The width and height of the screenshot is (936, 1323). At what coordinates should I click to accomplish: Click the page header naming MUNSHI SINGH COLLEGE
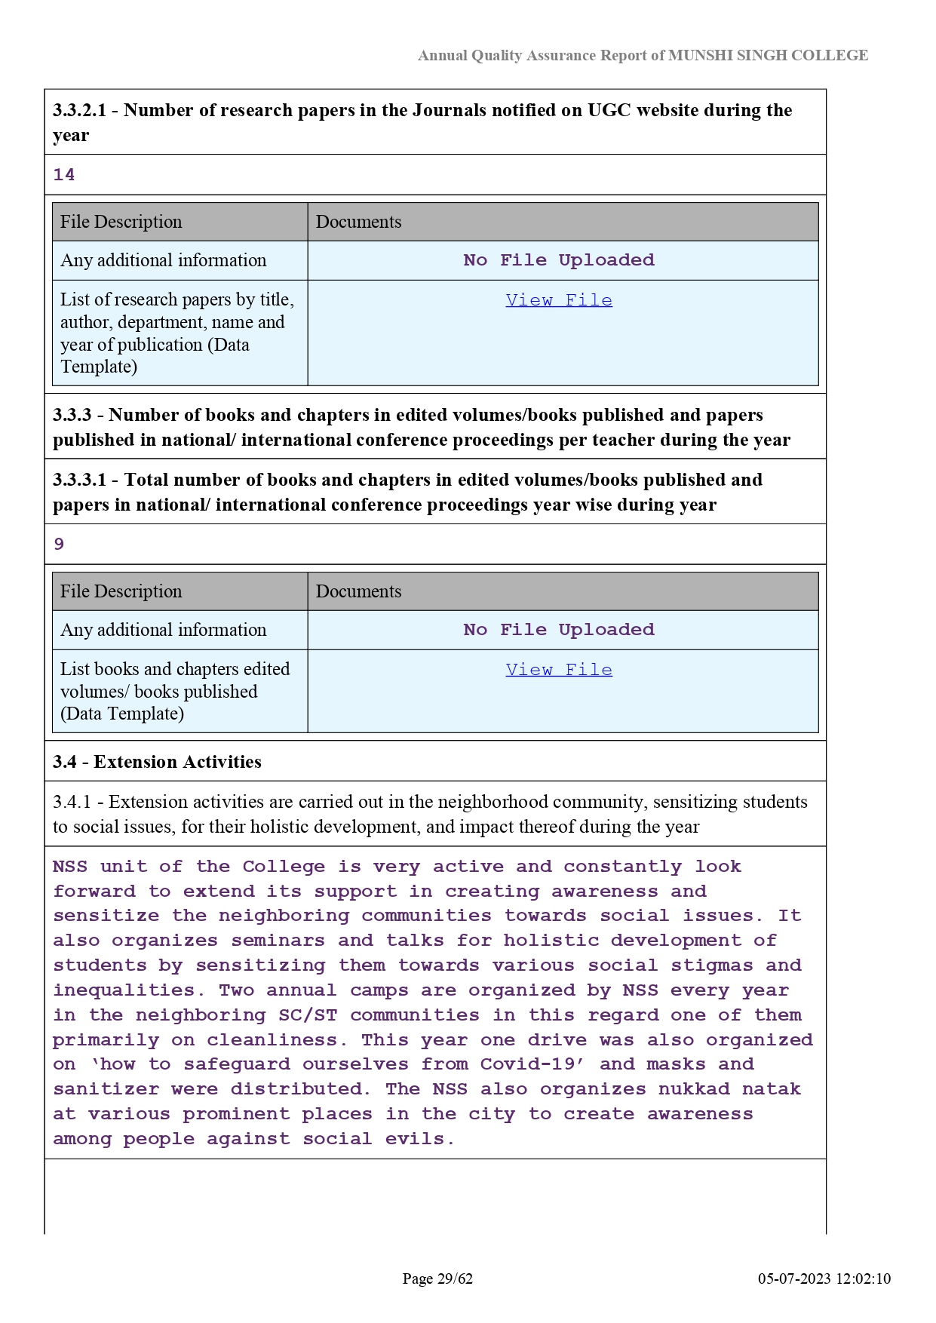[643, 55]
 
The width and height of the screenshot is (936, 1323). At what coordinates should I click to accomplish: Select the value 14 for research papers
[64, 175]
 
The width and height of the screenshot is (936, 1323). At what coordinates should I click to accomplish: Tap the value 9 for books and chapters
[59, 545]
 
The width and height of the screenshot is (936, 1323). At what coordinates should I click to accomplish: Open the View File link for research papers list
[559, 300]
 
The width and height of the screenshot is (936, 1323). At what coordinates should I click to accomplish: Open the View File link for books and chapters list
[559, 670]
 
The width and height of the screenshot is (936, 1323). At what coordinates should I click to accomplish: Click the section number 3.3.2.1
[79, 110]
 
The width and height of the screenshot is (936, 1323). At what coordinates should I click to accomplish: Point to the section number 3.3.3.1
[79, 480]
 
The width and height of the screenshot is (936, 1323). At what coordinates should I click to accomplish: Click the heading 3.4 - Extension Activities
[157, 762]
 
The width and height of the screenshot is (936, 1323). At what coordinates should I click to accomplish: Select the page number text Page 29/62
[437, 1278]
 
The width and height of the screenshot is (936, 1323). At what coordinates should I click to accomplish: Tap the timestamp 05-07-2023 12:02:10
[824, 1278]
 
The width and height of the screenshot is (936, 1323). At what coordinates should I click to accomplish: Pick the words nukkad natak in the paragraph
[729, 1089]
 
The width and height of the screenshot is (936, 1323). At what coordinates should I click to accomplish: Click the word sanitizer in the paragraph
[106, 1089]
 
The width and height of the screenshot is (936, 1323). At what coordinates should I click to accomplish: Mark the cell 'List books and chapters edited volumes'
[175, 691]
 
